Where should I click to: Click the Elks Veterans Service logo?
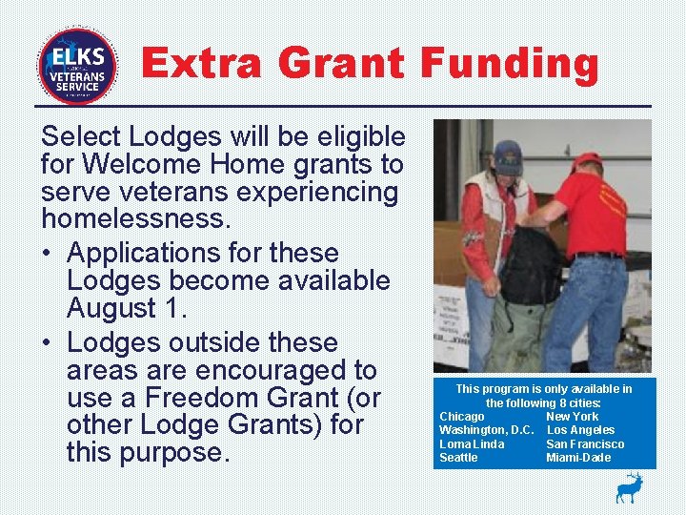click(x=77, y=66)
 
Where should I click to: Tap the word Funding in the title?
click(x=510, y=64)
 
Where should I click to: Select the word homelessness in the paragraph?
click(x=135, y=219)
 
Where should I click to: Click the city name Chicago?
click(x=462, y=417)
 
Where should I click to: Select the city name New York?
click(x=572, y=417)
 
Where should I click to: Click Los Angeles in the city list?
click(x=580, y=430)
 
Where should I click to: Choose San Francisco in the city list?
click(x=585, y=444)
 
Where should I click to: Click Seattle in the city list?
click(x=458, y=458)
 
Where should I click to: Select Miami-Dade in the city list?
click(x=578, y=458)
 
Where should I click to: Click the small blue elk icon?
click(x=629, y=487)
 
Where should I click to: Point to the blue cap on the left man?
click(x=507, y=154)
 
